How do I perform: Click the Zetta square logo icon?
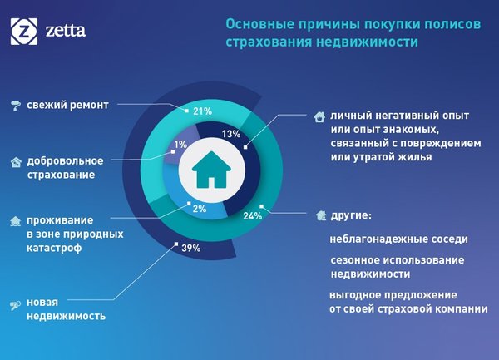(x=24, y=31)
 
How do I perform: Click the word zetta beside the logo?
(x=66, y=31)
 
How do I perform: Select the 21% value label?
(x=202, y=111)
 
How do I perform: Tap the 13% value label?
(x=231, y=134)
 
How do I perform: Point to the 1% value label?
(x=180, y=145)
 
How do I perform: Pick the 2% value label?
(x=200, y=209)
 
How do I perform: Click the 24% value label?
(x=253, y=216)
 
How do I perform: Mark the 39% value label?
(x=191, y=248)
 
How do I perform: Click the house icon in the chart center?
(x=211, y=169)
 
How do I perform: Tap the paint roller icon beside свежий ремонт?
(x=15, y=106)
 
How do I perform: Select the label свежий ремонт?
(x=68, y=105)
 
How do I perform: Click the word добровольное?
(x=65, y=161)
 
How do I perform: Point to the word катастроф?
(x=54, y=248)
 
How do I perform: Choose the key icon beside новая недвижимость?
(x=15, y=305)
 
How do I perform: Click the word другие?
(x=351, y=215)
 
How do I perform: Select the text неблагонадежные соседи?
(x=398, y=239)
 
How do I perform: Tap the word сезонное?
(x=354, y=260)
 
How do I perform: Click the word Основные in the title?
(x=257, y=24)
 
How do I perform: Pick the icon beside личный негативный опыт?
(x=319, y=116)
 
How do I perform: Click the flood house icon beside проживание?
(x=15, y=221)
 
